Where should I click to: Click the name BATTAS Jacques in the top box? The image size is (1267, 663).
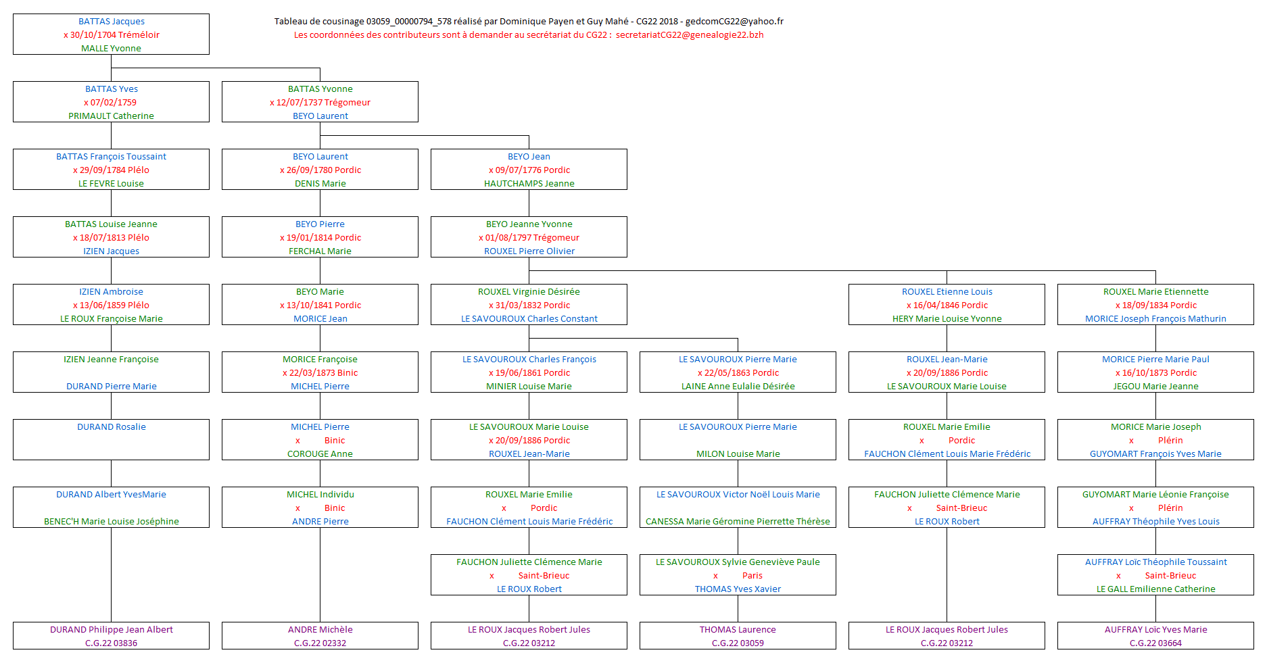(x=112, y=22)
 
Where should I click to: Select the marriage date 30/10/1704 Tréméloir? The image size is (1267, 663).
(x=112, y=35)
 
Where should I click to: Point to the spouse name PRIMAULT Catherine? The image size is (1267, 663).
(x=112, y=116)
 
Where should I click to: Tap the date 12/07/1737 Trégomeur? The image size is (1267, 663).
(x=320, y=103)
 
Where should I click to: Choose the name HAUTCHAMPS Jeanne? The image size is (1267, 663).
(x=529, y=184)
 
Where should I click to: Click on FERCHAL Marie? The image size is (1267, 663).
(x=320, y=251)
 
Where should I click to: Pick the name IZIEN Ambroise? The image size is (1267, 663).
(x=112, y=292)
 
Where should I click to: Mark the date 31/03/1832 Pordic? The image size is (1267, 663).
(x=529, y=305)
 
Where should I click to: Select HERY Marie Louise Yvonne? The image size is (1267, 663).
(x=947, y=319)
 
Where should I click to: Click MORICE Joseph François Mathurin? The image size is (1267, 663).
(x=1155, y=319)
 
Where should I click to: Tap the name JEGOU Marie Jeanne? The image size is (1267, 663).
(x=1155, y=387)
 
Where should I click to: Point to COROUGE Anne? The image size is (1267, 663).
(x=320, y=454)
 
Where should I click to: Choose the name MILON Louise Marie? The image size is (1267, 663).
(x=738, y=454)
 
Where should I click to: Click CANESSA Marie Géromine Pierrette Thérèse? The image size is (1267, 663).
(x=738, y=522)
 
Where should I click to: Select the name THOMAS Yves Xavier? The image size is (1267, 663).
(x=738, y=589)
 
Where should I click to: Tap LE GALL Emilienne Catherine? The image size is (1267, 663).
(x=1155, y=589)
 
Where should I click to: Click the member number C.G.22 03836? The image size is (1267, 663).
(x=112, y=643)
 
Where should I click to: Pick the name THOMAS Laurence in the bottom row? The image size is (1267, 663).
(x=738, y=630)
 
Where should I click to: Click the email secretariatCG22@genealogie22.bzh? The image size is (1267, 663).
(x=690, y=35)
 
